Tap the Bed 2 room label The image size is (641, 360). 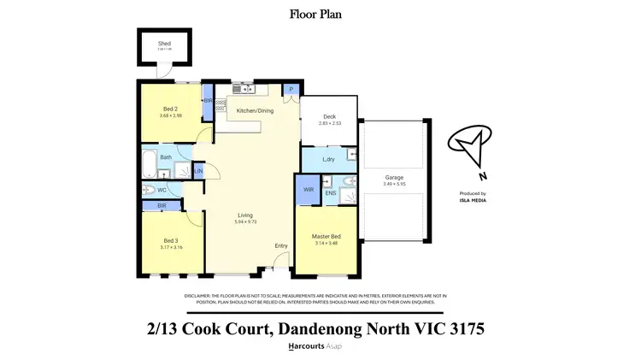coord(169,109)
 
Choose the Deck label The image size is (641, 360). coord(328,117)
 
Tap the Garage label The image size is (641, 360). coord(393,178)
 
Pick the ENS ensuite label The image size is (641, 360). coord(330,193)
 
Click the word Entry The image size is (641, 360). coord(280,246)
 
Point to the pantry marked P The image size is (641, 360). coord(291,89)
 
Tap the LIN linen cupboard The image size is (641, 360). coord(198,172)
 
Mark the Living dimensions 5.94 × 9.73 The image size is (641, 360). coord(245,222)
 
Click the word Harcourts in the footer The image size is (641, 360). coord(304,345)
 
